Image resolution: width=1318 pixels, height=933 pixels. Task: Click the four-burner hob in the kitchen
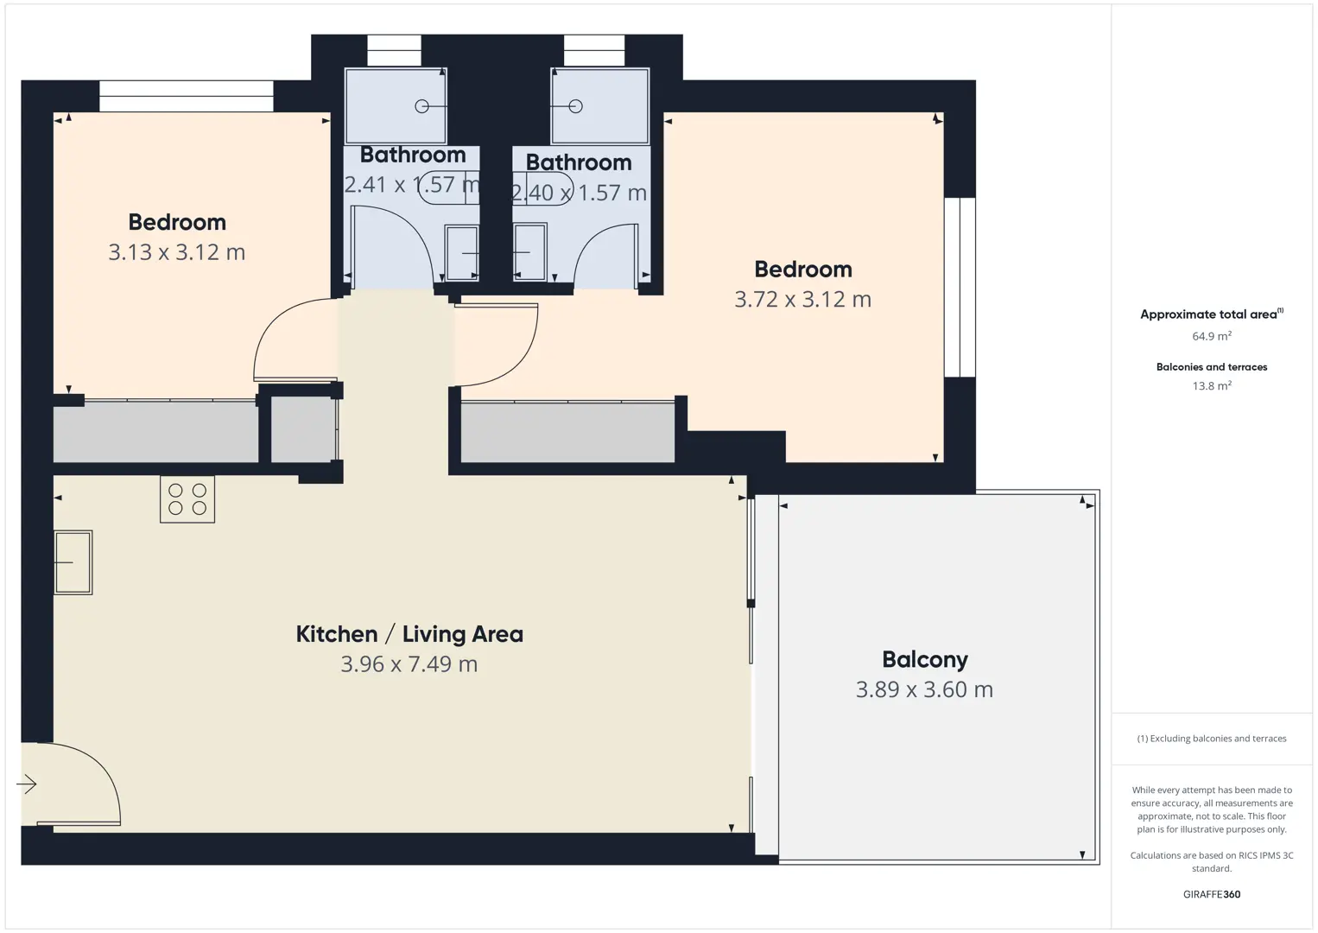click(x=187, y=499)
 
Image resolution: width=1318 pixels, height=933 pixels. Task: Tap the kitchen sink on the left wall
click(x=73, y=562)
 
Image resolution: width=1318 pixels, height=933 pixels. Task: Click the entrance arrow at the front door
click(x=27, y=784)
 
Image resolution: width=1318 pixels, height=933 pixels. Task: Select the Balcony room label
click(x=924, y=660)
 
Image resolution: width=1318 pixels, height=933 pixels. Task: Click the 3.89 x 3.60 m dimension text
click(x=924, y=689)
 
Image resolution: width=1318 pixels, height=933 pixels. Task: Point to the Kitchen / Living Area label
click(x=409, y=634)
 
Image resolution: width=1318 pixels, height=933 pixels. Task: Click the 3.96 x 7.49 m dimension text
click(x=409, y=664)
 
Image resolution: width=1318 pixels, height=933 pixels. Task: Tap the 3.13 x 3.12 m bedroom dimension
click(x=176, y=252)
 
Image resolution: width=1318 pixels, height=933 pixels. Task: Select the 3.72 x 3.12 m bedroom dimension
click(x=802, y=299)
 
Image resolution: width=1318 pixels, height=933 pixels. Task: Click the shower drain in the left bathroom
click(x=421, y=106)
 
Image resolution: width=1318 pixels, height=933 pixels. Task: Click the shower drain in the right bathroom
click(x=576, y=106)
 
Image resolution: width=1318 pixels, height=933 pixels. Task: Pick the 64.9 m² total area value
click(x=1212, y=336)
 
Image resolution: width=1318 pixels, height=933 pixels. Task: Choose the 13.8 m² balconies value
click(x=1212, y=385)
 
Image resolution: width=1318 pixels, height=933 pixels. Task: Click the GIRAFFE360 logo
click(x=1212, y=894)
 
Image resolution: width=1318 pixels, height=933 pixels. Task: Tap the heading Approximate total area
click(x=1212, y=314)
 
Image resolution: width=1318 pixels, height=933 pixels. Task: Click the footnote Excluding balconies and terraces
click(x=1212, y=738)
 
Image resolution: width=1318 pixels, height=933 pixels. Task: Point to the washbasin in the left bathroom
click(x=462, y=252)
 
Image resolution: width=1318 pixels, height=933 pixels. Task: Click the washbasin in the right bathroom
click(x=530, y=252)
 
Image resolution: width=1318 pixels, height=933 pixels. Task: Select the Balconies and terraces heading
click(x=1212, y=367)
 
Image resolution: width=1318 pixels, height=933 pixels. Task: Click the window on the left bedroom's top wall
click(x=187, y=96)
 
